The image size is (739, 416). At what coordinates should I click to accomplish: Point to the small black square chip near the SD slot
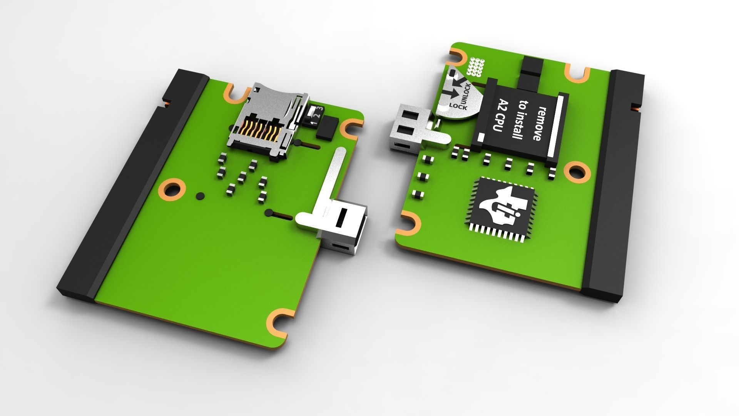point(327,129)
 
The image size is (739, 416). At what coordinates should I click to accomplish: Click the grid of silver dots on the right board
point(477,67)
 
